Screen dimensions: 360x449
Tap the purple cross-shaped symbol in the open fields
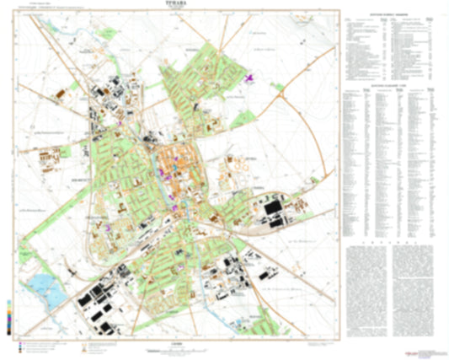pos(249,79)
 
